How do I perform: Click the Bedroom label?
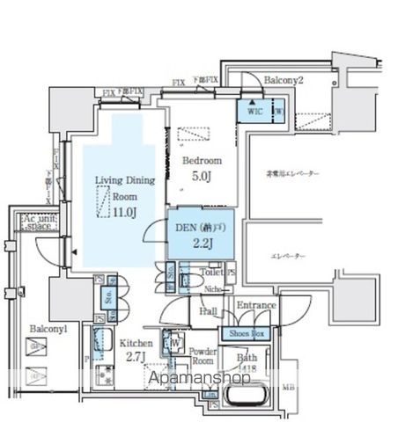(x=202, y=161)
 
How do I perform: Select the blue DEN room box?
(x=201, y=232)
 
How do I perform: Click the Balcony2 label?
(x=284, y=80)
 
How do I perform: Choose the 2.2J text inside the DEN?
(x=201, y=244)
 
